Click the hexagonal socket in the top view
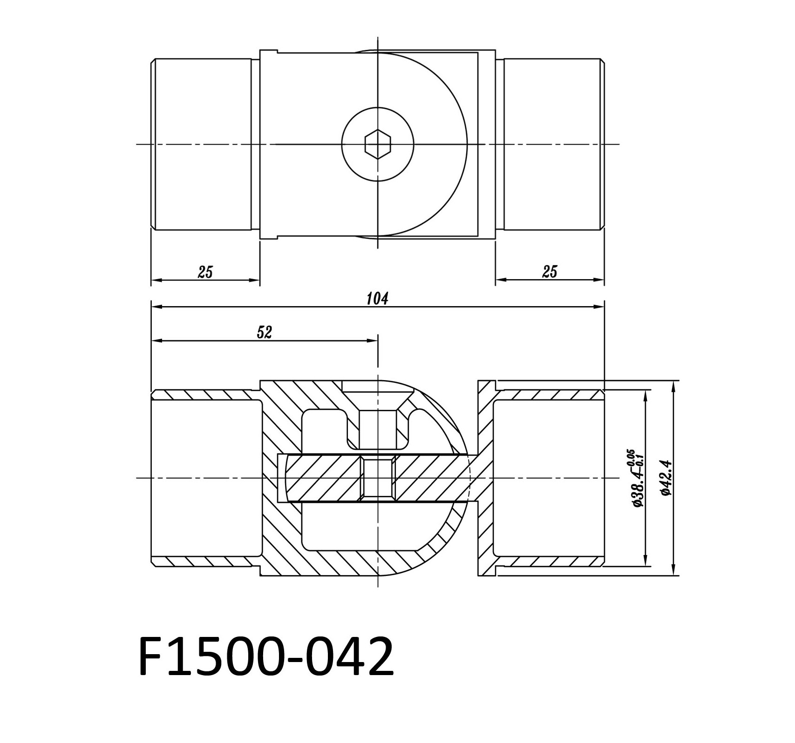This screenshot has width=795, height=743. click(378, 144)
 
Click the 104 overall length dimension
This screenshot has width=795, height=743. click(377, 299)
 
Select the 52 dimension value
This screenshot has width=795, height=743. click(264, 332)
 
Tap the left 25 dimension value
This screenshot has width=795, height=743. click(205, 272)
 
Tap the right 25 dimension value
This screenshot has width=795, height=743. click(550, 272)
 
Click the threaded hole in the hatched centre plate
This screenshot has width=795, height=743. click(378, 479)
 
